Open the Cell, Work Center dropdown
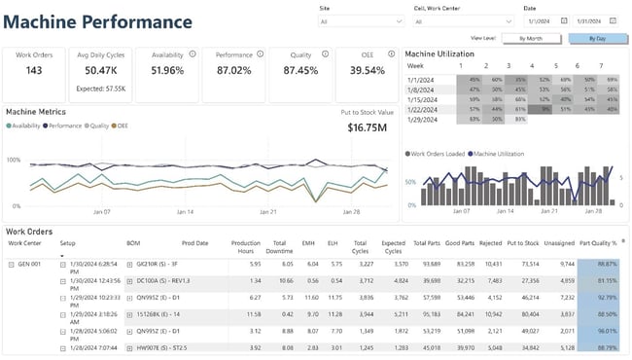[x=463, y=19]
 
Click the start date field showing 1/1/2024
[x=542, y=19]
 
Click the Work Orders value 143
[x=33, y=71]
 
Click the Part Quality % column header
[x=597, y=242]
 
